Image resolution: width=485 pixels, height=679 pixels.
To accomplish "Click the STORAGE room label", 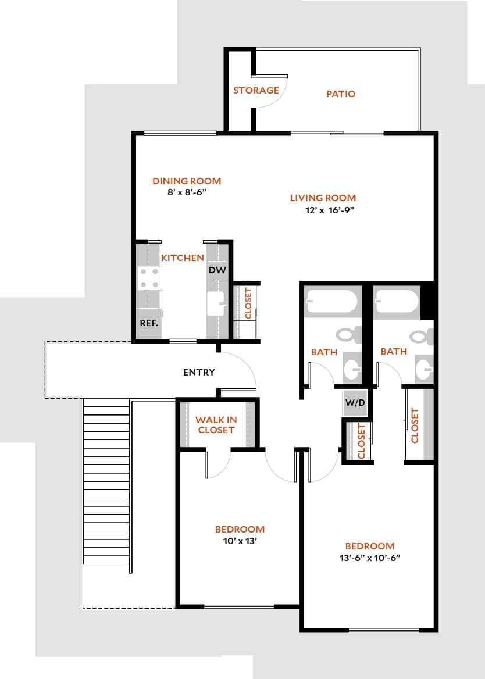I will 256,91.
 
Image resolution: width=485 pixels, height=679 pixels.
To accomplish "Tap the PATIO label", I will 341,94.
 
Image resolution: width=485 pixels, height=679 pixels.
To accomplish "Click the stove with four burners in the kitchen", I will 149,278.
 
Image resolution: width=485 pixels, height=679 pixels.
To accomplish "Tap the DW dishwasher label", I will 217,270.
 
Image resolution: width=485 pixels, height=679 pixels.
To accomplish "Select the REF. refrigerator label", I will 149,323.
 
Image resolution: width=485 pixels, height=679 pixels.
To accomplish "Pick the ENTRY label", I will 199,373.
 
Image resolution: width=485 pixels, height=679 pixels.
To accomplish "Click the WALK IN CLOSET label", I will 216,425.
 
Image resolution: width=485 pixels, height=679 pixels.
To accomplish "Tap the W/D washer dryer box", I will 355,402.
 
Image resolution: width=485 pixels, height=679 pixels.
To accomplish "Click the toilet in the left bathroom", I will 348,335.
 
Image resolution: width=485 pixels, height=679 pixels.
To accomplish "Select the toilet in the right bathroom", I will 420,335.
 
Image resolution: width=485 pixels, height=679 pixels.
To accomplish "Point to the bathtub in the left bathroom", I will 330,302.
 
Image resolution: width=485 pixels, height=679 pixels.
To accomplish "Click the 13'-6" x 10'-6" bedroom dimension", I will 370,558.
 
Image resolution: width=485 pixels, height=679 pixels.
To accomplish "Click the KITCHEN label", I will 182,258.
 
